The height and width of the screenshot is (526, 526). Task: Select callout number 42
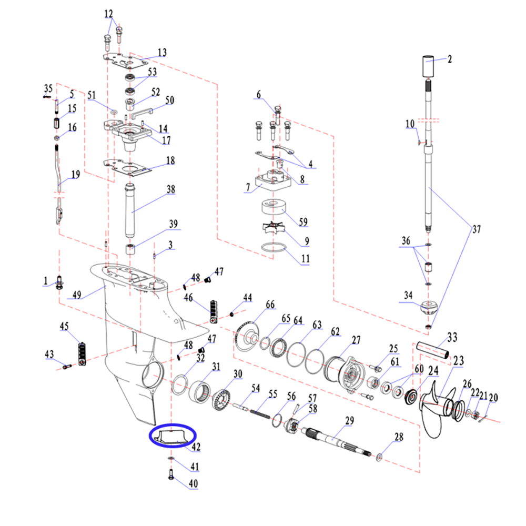pyautogui.click(x=196, y=447)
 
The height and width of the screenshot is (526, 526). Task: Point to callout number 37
pyautogui.click(x=477, y=229)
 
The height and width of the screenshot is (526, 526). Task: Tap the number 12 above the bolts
pyautogui.click(x=109, y=13)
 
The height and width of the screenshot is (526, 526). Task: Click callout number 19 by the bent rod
pyautogui.click(x=76, y=175)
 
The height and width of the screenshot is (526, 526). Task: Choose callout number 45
pyautogui.click(x=65, y=327)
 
